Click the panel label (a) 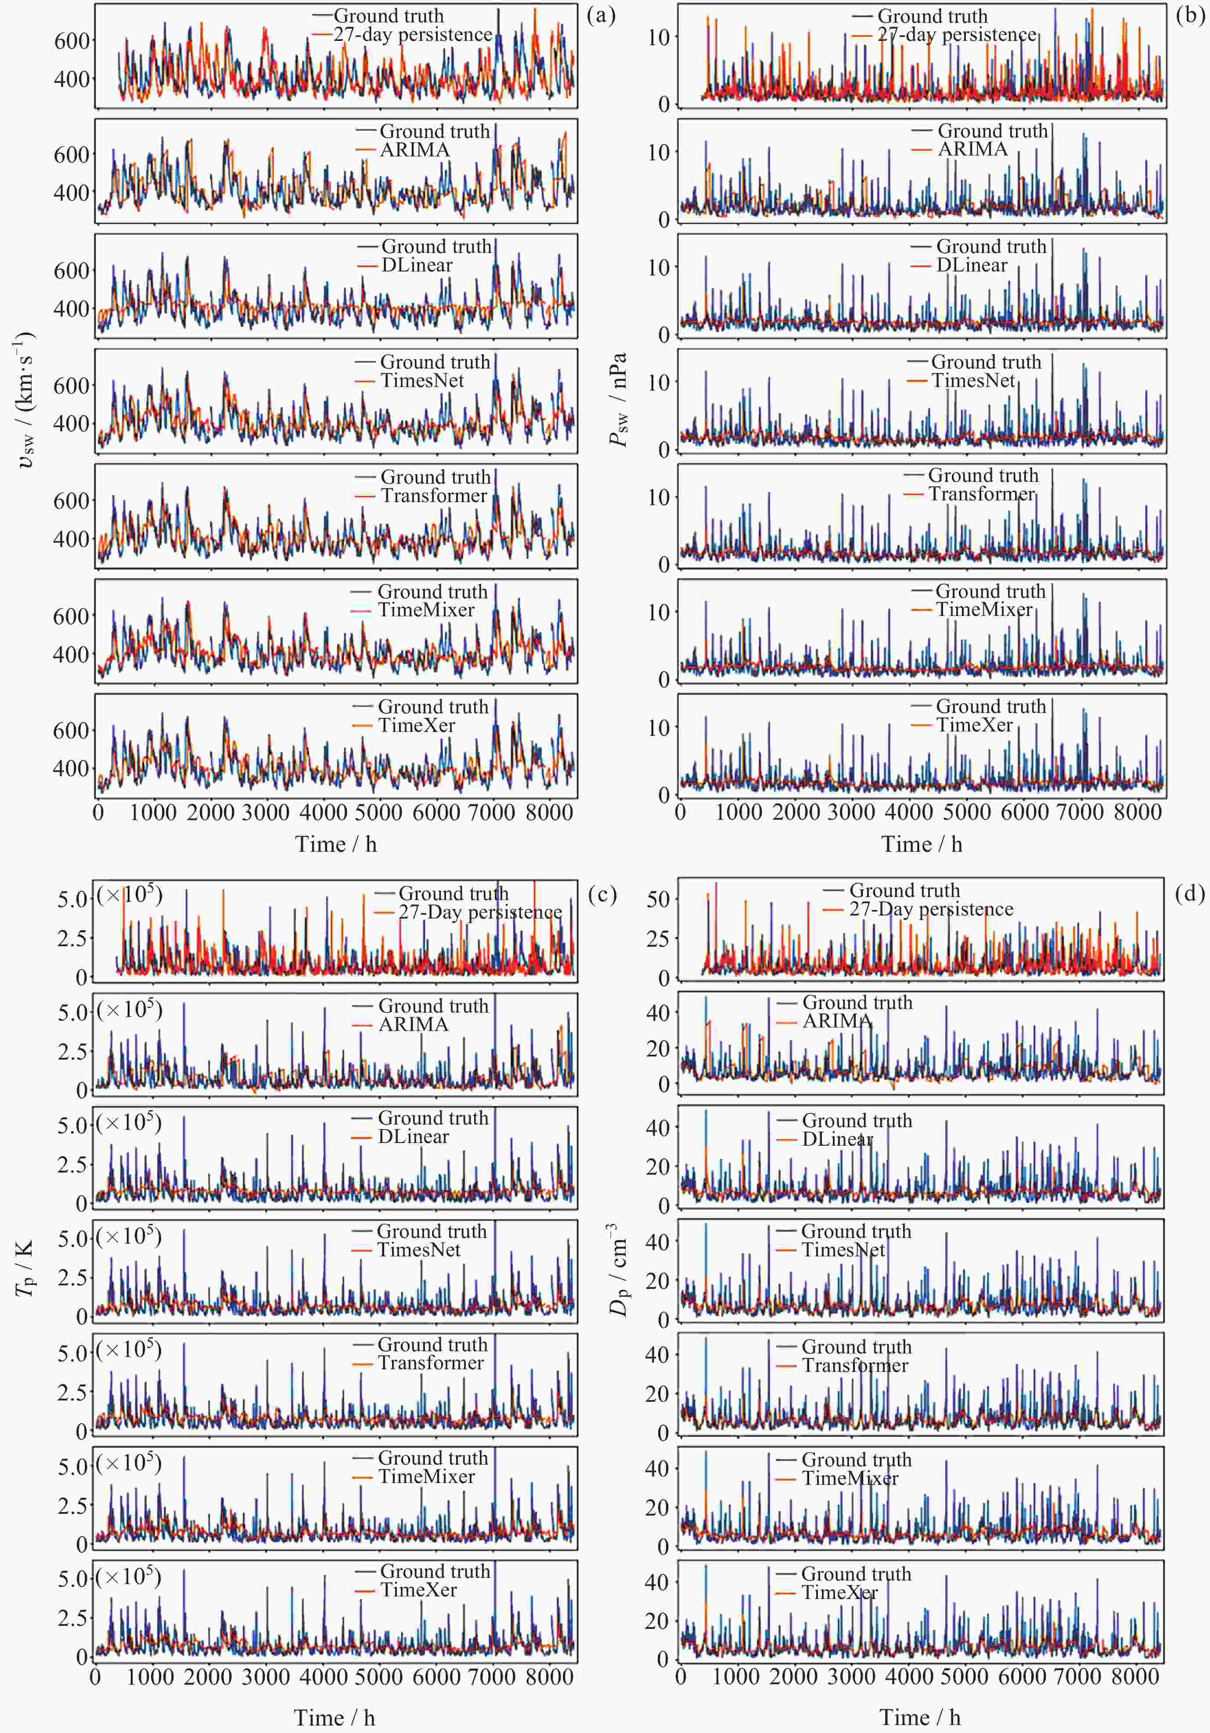601,15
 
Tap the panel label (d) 1190,894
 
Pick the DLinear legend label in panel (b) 972,265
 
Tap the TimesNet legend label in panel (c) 419,1249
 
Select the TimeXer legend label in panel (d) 839,1592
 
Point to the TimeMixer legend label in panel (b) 984,609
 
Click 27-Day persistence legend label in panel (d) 931,909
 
